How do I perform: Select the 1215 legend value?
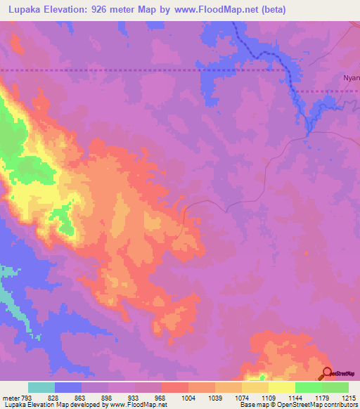click(x=349, y=398)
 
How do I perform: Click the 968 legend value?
click(x=161, y=398)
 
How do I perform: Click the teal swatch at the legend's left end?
click(x=41, y=387)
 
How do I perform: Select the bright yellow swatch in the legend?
click(x=282, y=387)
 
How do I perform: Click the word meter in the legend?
click(x=10, y=398)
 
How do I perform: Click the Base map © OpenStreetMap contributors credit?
click(x=298, y=405)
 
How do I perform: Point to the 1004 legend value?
click(x=188, y=398)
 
